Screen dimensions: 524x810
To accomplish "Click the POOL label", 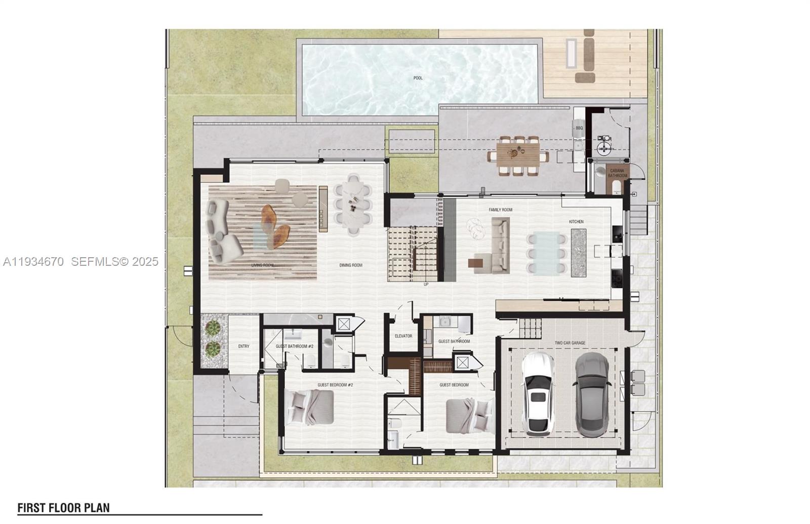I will (418, 78).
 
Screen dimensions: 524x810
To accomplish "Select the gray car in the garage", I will (590, 395).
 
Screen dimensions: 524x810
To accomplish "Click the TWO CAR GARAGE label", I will (570, 343).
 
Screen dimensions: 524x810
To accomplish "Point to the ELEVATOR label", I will (403, 336).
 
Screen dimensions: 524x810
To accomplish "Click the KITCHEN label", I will (576, 222).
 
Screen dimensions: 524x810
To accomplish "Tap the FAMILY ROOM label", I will (500, 210).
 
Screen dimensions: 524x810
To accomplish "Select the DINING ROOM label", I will (351, 265).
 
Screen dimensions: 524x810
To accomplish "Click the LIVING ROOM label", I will (262, 265).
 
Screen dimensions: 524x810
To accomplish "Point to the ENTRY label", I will (244, 346).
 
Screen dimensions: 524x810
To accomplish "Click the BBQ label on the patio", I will (579, 128).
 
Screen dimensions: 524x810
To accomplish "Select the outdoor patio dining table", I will (518, 156).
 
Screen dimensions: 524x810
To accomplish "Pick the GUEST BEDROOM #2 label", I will (335, 385).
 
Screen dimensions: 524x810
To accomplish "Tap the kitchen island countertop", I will (579, 253).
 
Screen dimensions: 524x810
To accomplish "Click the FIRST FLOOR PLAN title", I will (63, 508).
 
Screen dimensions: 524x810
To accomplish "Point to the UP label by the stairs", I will (426, 285).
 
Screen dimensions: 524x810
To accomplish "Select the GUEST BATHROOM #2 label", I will (295, 346).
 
